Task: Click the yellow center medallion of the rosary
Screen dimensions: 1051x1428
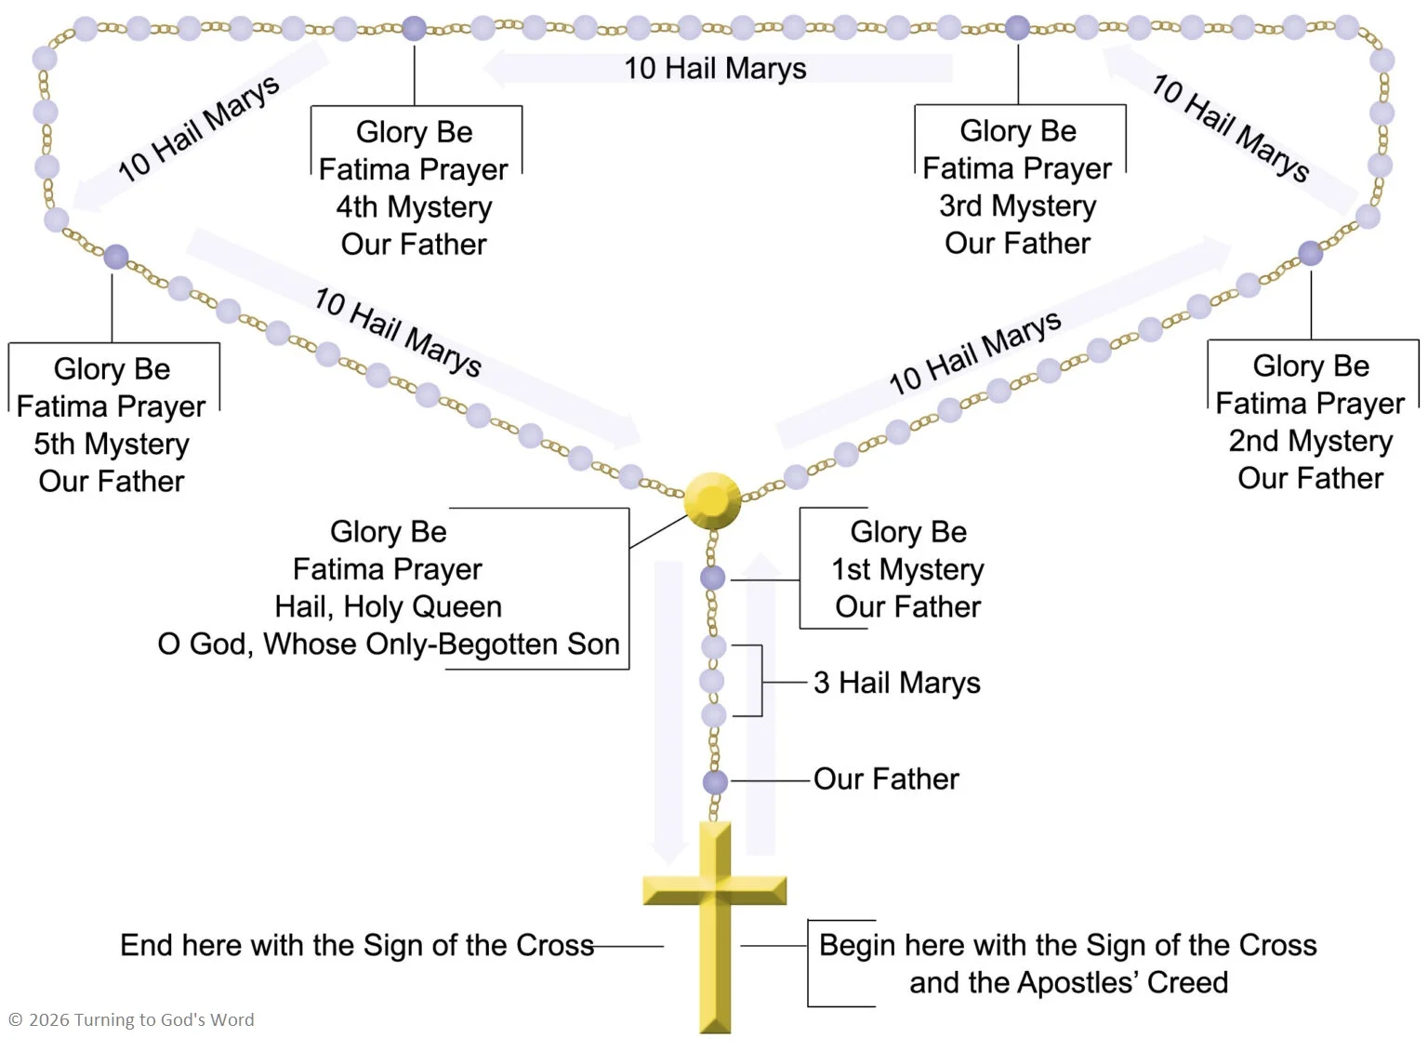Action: tap(712, 501)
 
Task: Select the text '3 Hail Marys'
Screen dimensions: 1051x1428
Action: tap(896, 683)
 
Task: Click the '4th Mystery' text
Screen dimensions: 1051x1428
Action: tap(414, 206)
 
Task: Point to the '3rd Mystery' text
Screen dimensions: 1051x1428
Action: tap(1017, 206)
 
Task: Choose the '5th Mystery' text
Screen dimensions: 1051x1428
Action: tap(112, 444)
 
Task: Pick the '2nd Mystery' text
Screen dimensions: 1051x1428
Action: tap(1310, 441)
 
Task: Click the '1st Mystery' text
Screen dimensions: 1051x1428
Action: tap(907, 569)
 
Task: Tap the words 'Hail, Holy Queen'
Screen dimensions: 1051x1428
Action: tap(388, 606)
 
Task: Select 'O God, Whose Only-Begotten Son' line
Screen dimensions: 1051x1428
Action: tap(389, 644)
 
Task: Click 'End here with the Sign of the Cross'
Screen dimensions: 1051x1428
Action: tap(357, 945)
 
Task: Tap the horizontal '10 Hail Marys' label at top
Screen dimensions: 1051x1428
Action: tap(715, 68)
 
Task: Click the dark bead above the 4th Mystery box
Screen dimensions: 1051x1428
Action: tap(414, 29)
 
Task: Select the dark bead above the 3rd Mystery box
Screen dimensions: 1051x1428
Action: tap(1018, 28)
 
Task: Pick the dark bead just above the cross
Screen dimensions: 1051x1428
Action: tap(715, 782)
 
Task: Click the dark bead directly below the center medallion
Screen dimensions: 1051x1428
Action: tap(712, 578)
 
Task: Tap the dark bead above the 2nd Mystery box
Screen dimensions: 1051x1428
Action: tap(1310, 252)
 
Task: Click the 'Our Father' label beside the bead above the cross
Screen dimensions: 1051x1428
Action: tap(885, 779)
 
